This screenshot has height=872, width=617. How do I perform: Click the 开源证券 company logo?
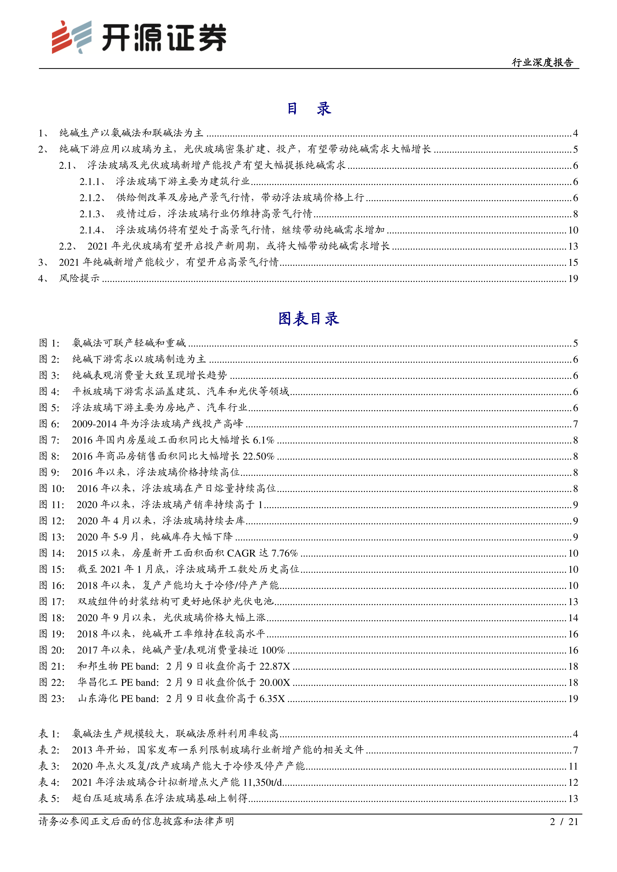[139, 37]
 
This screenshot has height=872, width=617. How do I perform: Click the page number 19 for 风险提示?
[573, 279]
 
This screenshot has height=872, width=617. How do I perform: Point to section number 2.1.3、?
[92, 214]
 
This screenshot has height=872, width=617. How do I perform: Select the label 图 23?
[52, 698]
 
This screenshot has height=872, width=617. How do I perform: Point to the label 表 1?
[49, 734]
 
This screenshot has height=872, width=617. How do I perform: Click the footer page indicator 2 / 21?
[564, 822]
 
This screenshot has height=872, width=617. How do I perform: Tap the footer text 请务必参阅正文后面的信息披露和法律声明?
[136, 822]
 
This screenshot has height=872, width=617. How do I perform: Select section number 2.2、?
[68, 246]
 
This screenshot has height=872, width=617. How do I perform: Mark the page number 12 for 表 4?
[573, 782]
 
